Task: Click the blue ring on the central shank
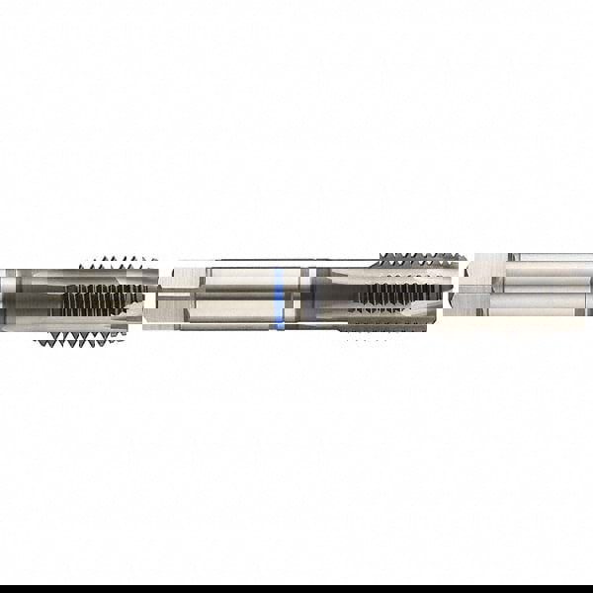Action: [281, 296]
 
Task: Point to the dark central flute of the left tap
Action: [104, 296]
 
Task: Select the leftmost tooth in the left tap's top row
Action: [83, 262]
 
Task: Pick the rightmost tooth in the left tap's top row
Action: [153, 262]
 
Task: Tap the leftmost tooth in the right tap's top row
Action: [381, 259]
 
